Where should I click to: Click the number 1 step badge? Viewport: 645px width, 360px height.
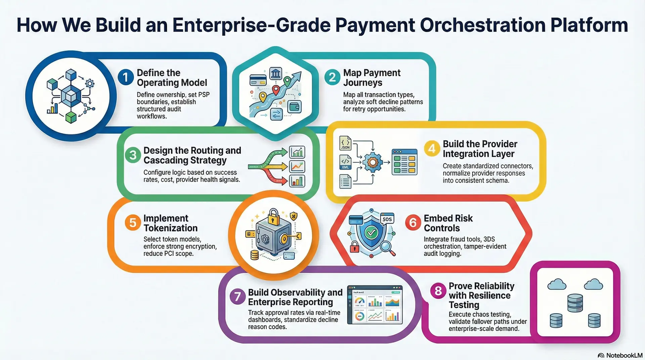126,77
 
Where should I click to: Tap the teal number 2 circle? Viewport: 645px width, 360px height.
332,77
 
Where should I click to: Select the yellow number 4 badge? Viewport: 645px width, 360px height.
432,148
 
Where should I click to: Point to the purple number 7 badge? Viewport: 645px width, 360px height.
238,297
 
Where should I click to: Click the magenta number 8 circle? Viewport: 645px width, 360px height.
438,290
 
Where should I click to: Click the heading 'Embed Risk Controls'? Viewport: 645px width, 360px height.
448,223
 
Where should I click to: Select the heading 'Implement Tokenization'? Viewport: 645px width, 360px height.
170,223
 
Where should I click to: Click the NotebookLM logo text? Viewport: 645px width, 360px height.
624,355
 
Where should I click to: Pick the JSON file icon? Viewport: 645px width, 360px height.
345,143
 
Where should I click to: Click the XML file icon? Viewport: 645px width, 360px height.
345,162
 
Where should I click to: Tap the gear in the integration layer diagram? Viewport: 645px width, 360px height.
372,163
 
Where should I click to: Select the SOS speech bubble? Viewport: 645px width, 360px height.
387,219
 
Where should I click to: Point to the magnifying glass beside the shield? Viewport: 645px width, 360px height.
387,248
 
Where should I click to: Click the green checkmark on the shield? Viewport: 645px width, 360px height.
371,232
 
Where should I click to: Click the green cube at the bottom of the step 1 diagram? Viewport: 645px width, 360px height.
71,117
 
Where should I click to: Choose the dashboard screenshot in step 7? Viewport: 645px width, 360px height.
375,305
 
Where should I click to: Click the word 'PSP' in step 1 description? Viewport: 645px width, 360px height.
204,95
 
